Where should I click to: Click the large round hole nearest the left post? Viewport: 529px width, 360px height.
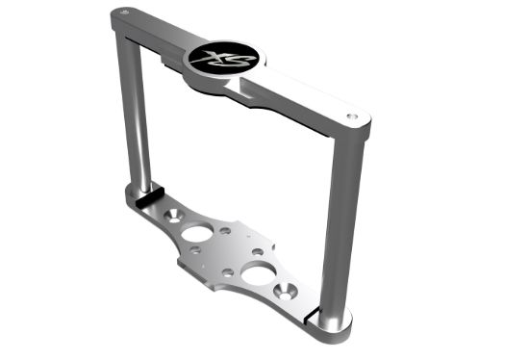(199, 232)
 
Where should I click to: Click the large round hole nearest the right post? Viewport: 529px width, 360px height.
(257, 275)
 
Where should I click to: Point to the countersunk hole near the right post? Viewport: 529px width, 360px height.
(287, 290)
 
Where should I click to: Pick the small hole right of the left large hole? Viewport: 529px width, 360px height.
(225, 231)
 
